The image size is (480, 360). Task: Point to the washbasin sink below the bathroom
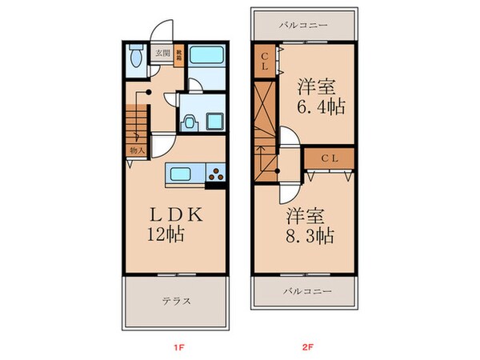point(189,122)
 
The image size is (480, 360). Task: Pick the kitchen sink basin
point(178,173)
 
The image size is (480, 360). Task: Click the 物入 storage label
point(135,150)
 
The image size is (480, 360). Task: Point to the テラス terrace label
point(175,302)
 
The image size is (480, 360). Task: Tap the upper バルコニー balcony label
point(303,26)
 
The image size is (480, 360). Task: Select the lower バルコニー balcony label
point(303,291)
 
